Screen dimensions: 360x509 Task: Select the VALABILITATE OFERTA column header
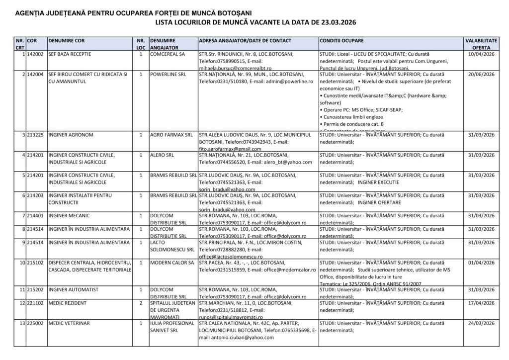(481, 43)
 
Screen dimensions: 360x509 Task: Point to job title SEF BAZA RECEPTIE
(69, 54)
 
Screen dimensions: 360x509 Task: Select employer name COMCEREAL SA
(168, 54)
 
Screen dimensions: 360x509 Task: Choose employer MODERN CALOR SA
(171, 262)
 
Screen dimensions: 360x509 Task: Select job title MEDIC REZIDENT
(68, 302)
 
